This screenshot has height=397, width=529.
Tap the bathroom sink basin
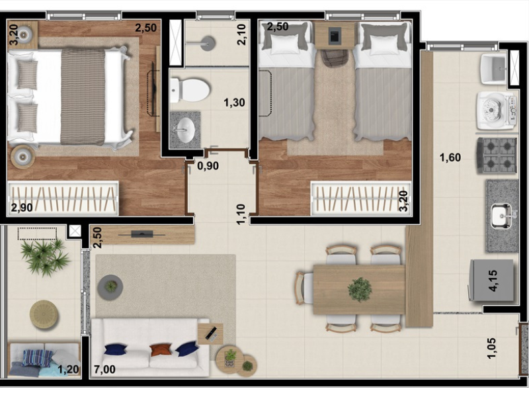tap(184, 130)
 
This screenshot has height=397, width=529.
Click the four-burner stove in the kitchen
tap(497, 155)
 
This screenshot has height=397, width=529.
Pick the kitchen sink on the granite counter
tap(502, 216)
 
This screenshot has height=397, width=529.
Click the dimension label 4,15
tap(493, 281)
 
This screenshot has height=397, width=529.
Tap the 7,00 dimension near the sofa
tap(104, 369)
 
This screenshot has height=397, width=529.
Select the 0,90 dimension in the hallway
tap(208, 166)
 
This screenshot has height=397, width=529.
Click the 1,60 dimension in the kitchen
tap(450, 157)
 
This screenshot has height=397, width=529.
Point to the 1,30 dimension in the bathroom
tap(234, 103)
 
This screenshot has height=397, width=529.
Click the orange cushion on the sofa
tap(161, 349)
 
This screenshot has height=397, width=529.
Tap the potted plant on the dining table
tap(360, 289)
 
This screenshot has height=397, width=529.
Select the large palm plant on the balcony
tap(44, 257)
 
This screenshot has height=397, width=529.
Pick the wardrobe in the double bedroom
tap(63, 198)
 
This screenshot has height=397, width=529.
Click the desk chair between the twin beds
tap(334, 59)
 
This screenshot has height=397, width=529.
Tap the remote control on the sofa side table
tap(211, 333)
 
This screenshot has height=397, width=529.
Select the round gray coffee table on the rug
tap(110, 287)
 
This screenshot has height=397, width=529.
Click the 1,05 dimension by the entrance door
tap(491, 348)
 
